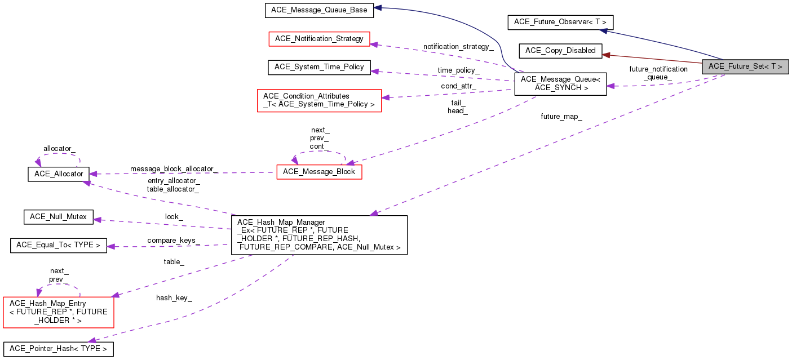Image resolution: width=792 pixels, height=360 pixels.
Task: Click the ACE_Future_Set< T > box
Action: [x=745, y=66]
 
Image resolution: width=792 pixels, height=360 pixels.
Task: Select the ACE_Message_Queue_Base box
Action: [x=318, y=10]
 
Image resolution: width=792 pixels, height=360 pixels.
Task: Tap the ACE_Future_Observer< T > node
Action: [x=560, y=23]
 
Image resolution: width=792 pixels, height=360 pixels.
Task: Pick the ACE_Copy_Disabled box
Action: [x=560, y=51]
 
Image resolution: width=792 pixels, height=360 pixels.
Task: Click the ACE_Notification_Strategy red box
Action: [x=318, y=39]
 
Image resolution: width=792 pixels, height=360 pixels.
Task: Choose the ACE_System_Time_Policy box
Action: [x=318, y=67]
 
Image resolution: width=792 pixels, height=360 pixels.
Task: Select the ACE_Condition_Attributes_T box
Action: [x=318, y=100]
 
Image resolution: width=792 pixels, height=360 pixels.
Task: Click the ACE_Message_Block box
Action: [x=318, y=172]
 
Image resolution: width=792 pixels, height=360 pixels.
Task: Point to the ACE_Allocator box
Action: [x=59, y=174]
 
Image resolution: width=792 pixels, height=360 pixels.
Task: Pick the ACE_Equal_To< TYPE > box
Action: [x=59, y=246]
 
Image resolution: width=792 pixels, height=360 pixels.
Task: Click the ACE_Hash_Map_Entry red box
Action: [x=59, y=312]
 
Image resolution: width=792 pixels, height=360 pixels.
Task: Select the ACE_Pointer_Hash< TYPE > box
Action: [x=59, y=349]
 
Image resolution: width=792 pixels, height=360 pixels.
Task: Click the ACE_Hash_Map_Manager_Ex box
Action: [x=318, y=235]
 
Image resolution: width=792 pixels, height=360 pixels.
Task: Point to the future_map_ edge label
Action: [x=561, y=117]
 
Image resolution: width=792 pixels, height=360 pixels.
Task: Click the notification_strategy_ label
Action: [x=458, y=47]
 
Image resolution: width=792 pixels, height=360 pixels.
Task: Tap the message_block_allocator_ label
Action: [x=174, y=169]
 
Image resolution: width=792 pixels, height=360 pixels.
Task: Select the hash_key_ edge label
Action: [x=174, y=297]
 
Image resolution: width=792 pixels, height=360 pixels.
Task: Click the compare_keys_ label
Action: [x=174, y=241]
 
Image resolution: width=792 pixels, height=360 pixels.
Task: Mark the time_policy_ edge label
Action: [x=458, y=70]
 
